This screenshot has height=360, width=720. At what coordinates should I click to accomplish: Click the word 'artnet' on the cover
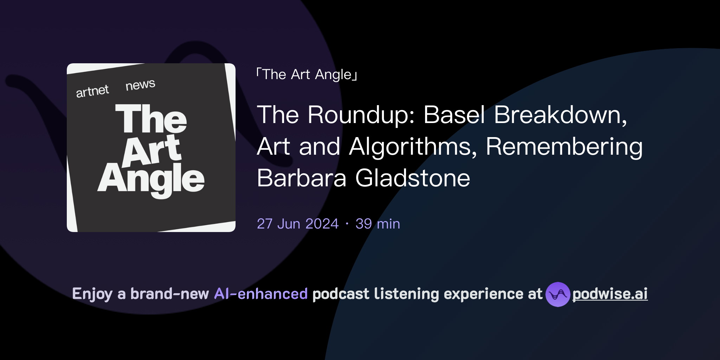coord(92,91)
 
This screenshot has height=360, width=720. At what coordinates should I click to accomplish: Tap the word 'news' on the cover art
coord(140,85)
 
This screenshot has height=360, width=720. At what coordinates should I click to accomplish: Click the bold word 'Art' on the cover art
coord(152,150)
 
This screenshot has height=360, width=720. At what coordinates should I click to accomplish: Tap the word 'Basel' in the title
coord(454,115)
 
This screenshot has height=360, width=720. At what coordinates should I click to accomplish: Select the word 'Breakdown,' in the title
coord(560,115)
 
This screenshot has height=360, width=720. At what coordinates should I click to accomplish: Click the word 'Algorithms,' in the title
coord(413,147)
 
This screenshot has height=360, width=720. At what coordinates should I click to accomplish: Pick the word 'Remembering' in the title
coord(564,147)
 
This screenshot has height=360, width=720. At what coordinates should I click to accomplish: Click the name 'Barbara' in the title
coord(302,178)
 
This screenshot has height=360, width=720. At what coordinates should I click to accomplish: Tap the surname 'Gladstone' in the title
coord(413,178)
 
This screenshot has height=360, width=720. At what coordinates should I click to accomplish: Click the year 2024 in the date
coord(322,224)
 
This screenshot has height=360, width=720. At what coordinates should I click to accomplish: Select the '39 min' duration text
coord(378,224)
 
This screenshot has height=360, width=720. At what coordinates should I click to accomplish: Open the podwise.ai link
coord(610,294)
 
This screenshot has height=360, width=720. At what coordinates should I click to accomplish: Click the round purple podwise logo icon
coord(558,294)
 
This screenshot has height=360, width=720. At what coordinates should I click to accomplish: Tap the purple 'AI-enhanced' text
coord(261,294)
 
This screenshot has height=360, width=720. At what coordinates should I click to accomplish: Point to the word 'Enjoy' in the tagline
coord(92,294)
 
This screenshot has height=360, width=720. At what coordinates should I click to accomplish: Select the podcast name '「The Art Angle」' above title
coord(307,75)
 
